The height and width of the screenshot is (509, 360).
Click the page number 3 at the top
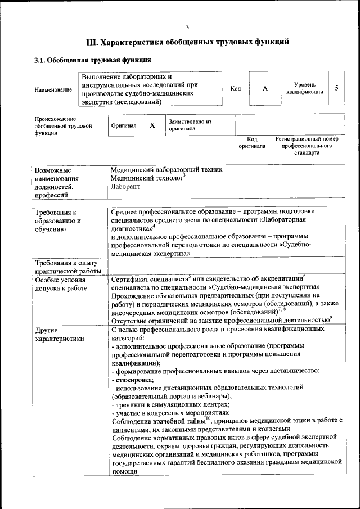click(x=187, y=27)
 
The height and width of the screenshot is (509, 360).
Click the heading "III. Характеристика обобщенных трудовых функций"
click(x=187, y=42)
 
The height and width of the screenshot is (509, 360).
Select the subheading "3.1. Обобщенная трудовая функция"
click(x=92, y=60)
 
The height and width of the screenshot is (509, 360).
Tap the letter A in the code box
click(x=264, y=89)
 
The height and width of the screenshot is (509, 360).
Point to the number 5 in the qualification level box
click(x=336, y=88)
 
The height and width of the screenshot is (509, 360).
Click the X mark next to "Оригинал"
click(x=152, y=125)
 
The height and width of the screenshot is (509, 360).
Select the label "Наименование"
click(x=53, y=89)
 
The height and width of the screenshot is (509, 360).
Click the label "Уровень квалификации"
click(x=304, y=88)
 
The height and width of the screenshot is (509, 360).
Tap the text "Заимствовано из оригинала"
click(x=190, y=125)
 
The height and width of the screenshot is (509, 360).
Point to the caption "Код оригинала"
click(x=251, y=142)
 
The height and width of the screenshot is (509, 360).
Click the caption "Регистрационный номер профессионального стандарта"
click(x=307, y=145)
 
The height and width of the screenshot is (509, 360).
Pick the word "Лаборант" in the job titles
click(x=125, y=186)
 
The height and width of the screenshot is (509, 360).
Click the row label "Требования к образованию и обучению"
click(x=57, y=221)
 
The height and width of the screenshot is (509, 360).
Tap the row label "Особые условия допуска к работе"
click(x=61, y=284)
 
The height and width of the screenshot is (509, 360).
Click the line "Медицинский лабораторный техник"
click(x=166, y=169)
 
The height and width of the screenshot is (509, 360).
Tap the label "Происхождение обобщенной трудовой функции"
click(x=62, y=127)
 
